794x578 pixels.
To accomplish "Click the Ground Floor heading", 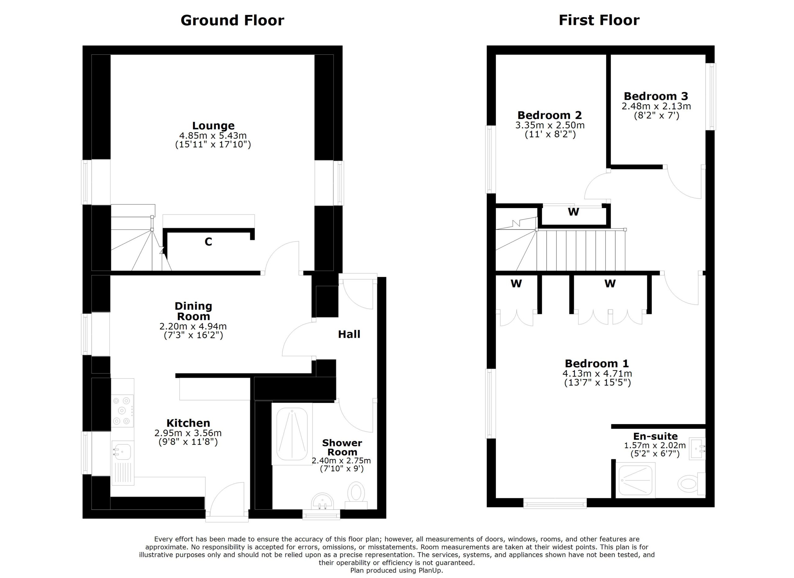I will click(232, 20).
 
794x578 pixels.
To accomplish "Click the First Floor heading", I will click(599, 20).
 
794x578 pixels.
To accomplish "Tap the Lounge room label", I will click(213, 125).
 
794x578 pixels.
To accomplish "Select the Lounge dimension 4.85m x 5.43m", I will click(213, 136).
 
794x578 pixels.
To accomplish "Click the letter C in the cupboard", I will click(208, 242).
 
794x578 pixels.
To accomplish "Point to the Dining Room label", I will click(193, 311).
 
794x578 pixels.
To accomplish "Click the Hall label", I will click(349, 334).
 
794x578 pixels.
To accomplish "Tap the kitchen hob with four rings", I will click(122, 411).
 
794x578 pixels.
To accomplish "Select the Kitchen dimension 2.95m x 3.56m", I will click(188, 433).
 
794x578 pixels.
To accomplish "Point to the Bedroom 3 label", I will click(656, 96).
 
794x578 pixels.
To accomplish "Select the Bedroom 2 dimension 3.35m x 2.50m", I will click(550, 125).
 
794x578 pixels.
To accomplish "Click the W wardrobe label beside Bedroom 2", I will click(573, 212).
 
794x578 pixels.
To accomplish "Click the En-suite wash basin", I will click(697, 448).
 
